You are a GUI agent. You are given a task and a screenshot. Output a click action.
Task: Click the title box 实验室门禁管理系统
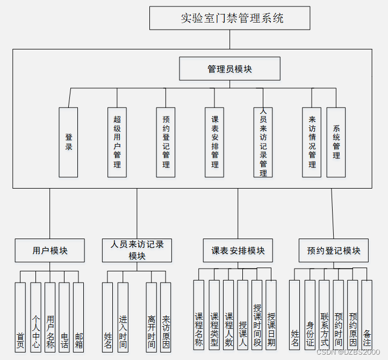coord(229,18)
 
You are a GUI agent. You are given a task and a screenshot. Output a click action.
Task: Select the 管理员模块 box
coord(229,69)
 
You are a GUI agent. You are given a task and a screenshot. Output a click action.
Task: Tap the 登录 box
coord(68,142)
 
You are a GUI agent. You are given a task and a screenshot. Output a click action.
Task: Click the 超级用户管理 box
coord(117,142)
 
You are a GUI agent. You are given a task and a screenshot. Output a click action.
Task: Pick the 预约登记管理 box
coord(166,142)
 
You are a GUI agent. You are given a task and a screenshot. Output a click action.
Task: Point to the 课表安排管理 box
coord(214,142)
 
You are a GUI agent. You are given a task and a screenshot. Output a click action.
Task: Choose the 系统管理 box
coord(336,142)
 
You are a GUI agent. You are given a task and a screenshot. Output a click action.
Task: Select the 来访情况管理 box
coord(312,142)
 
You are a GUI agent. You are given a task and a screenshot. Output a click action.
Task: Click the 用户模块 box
coord(50,250)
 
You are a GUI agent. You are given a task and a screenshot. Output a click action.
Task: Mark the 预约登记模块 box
coord(334,250)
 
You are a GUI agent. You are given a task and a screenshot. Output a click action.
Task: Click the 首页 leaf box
coord(20,317)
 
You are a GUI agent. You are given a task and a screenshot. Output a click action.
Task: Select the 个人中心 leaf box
coord(35,317)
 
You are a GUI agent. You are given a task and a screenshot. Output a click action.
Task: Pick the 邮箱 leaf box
coord(78,317)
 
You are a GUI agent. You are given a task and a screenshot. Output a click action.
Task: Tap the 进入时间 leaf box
coord(123,317)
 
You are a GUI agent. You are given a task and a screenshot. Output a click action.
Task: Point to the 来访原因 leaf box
coord(166,317)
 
